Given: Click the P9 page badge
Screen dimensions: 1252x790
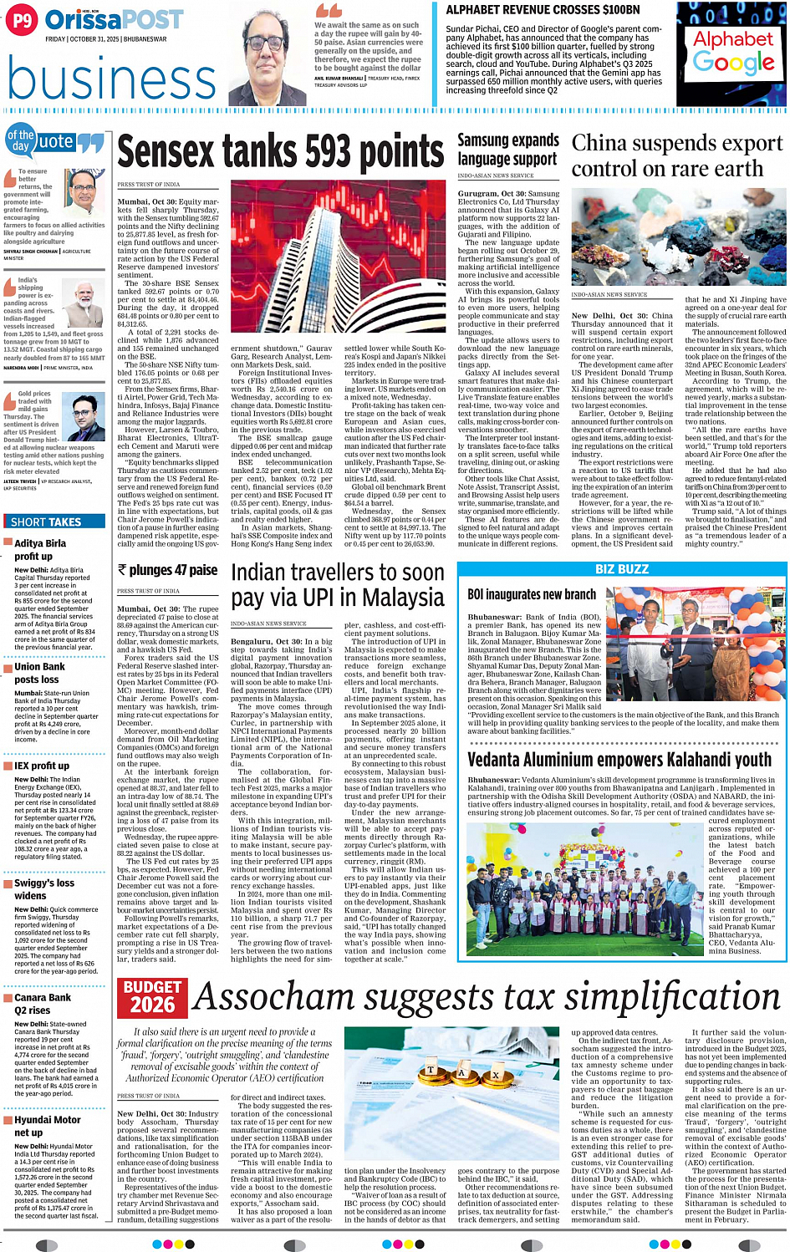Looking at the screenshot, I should (x=22, y=20).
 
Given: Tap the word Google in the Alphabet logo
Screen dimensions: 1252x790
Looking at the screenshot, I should (x=733, y=62).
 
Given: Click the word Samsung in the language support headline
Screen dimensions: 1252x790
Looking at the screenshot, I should (x=485, y=140).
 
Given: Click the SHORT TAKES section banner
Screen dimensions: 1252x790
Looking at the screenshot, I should (x=47, y=522).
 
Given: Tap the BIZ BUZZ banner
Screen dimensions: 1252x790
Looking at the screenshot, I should (x=621, y=569).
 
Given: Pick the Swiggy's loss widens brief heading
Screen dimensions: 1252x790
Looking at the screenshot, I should (x=43, y=888).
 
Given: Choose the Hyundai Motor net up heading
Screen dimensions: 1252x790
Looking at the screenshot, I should (x=48, y=1126).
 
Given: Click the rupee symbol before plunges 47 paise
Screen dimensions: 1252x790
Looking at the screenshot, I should (x=122, y=570).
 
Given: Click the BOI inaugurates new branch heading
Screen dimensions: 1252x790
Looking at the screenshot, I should (x=531, y=594).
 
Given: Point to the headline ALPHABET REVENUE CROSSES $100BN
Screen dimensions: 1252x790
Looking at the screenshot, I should (x=543, y=10).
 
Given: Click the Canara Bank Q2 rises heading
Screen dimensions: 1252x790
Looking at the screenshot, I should (x=43, y=1003).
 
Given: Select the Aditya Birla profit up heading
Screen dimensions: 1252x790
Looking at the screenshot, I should (x=40, y=549).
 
